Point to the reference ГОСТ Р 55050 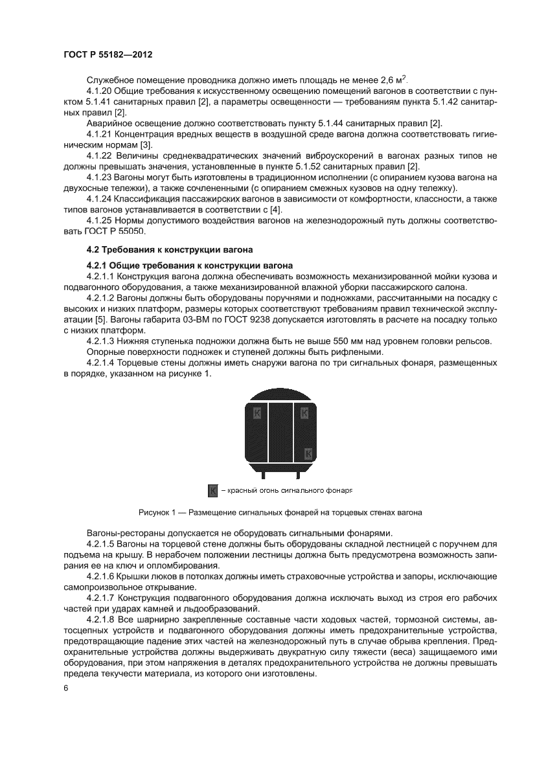point(117,231)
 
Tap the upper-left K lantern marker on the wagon point(258,412)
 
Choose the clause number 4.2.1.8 point(104,620)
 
